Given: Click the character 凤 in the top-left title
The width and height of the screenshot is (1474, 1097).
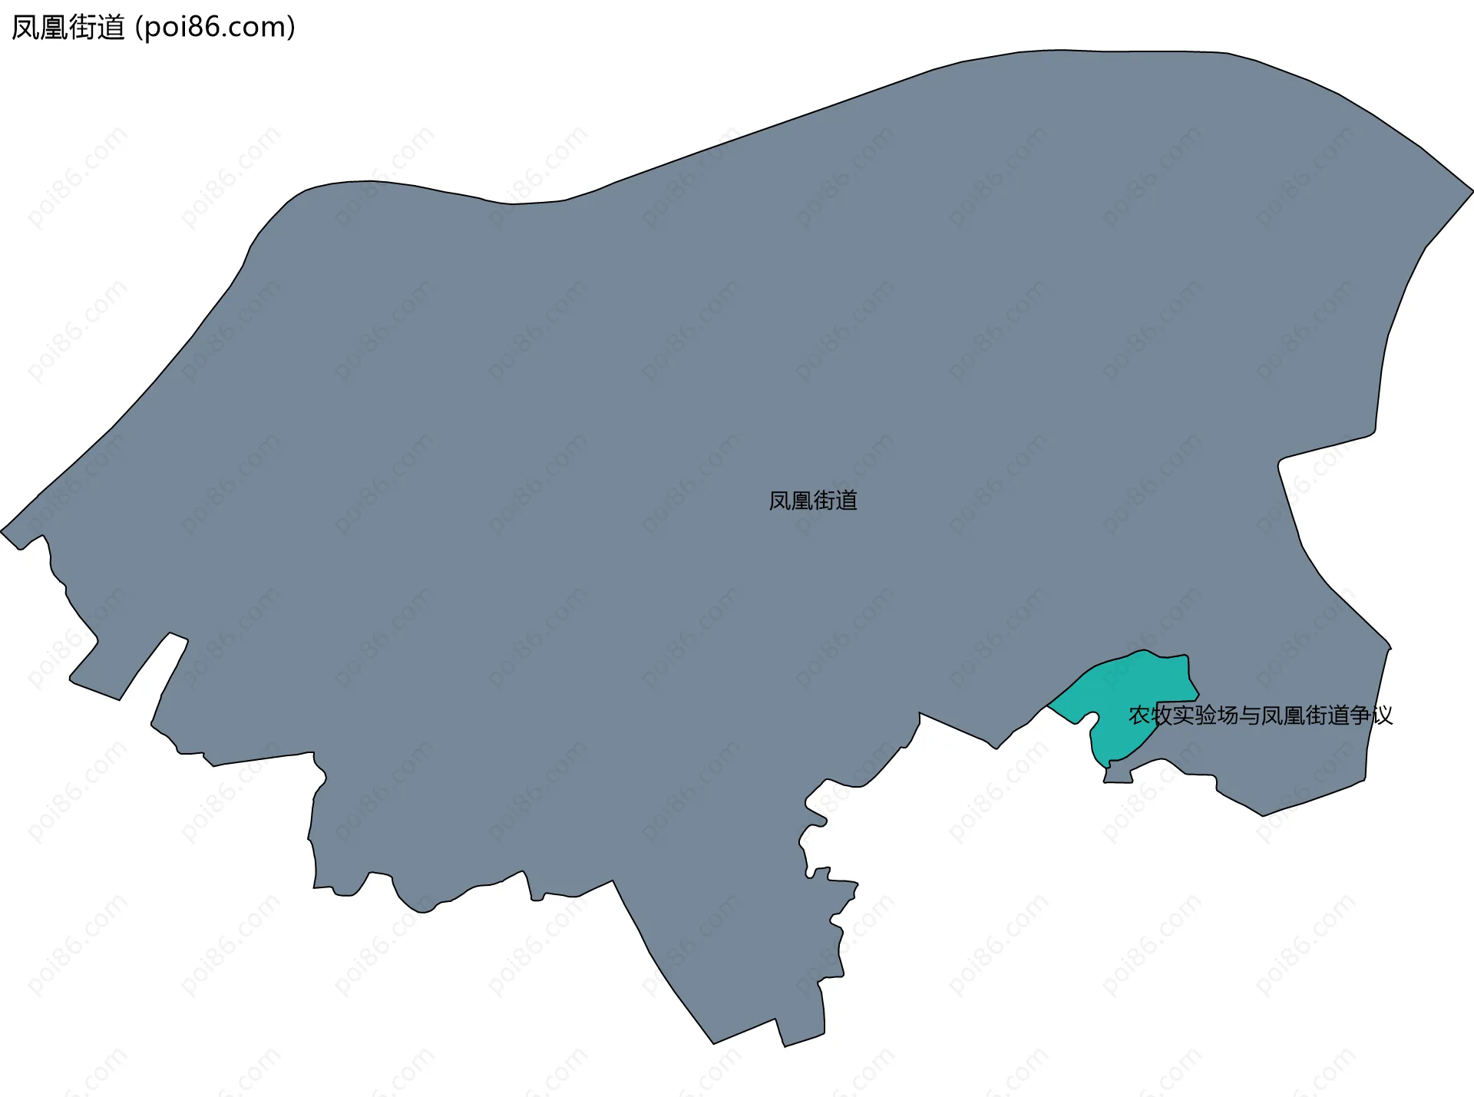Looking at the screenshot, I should coord(25,28).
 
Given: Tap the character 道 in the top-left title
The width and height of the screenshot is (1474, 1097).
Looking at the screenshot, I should coord(111,28).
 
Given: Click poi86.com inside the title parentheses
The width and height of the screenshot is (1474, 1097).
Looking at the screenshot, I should coord(214,28).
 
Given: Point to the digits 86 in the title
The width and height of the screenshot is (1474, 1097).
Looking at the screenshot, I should coord(212,28).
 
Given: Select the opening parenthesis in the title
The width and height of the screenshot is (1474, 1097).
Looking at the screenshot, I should coord(138,28).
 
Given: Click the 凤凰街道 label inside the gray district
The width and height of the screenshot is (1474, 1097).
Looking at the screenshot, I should coord(813,501).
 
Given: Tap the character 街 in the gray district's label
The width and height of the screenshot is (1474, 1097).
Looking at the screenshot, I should coord(824,501).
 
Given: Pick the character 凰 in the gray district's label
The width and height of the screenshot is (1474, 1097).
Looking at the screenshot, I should coord(801,501).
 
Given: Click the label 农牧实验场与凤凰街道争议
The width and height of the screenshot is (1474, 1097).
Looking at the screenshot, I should coord(1260,715).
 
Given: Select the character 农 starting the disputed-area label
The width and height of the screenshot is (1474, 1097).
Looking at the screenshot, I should coord(1139,715).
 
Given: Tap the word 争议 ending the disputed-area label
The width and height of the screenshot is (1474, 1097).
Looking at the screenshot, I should coord(1371,715).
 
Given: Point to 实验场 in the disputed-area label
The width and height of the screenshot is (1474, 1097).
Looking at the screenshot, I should coord(1206,715).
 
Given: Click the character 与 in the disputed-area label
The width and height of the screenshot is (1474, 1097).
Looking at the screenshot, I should coord(1250,715).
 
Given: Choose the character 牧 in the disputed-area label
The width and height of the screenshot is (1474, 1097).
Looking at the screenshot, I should coord(1162,715).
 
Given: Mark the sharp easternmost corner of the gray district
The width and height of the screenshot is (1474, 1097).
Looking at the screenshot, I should coord(1472,190).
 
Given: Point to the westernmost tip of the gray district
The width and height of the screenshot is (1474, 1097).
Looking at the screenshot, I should coord(2,530).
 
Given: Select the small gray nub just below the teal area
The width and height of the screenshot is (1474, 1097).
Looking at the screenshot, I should coord(1118,777).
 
